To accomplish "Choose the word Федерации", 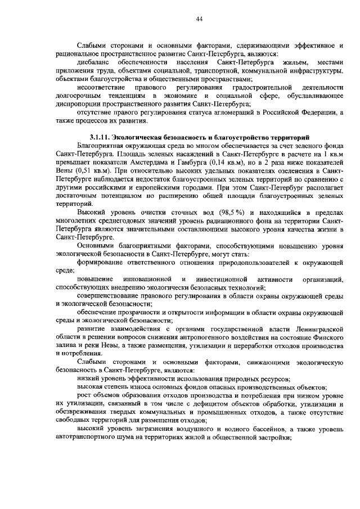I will coord(314,112).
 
